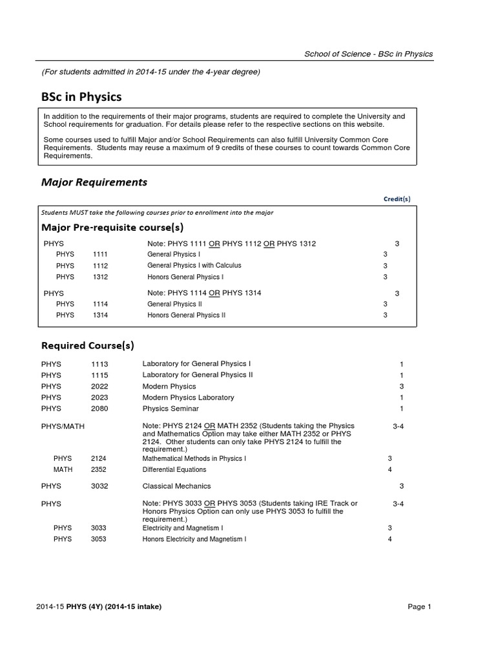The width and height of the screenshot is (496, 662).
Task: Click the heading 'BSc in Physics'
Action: (x=81, y=97)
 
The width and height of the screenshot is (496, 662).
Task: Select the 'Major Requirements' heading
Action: (x=94, y=182)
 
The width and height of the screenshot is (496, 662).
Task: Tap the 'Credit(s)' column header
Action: (x=397, y=199)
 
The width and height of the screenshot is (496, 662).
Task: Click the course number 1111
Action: (x=100, y=255)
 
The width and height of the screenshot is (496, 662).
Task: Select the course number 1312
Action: (x=100, y=277)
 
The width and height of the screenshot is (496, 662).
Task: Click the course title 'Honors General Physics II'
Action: (x=186, y=315)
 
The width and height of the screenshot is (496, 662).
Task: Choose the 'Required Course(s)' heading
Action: (x=88, y=346)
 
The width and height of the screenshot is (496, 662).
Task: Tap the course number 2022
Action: (x=99, y=386)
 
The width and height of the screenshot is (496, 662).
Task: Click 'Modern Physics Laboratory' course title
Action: (x=188, y=398)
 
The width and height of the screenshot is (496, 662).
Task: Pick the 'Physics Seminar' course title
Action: (x=170, y=409)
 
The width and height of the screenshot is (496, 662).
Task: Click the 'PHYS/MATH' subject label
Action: (x=63, y=426)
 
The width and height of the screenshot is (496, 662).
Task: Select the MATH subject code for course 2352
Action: (x=63, y=469)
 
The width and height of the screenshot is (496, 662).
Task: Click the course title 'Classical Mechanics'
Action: (x=176, y=486)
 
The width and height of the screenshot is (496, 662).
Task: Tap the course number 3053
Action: (x=99, y=539)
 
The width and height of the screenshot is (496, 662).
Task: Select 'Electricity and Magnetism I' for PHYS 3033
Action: (x=183, y=528)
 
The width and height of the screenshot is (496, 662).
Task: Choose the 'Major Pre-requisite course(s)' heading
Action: (x=112, y=228)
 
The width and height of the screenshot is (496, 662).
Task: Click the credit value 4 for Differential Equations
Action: (x=389, y=469)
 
